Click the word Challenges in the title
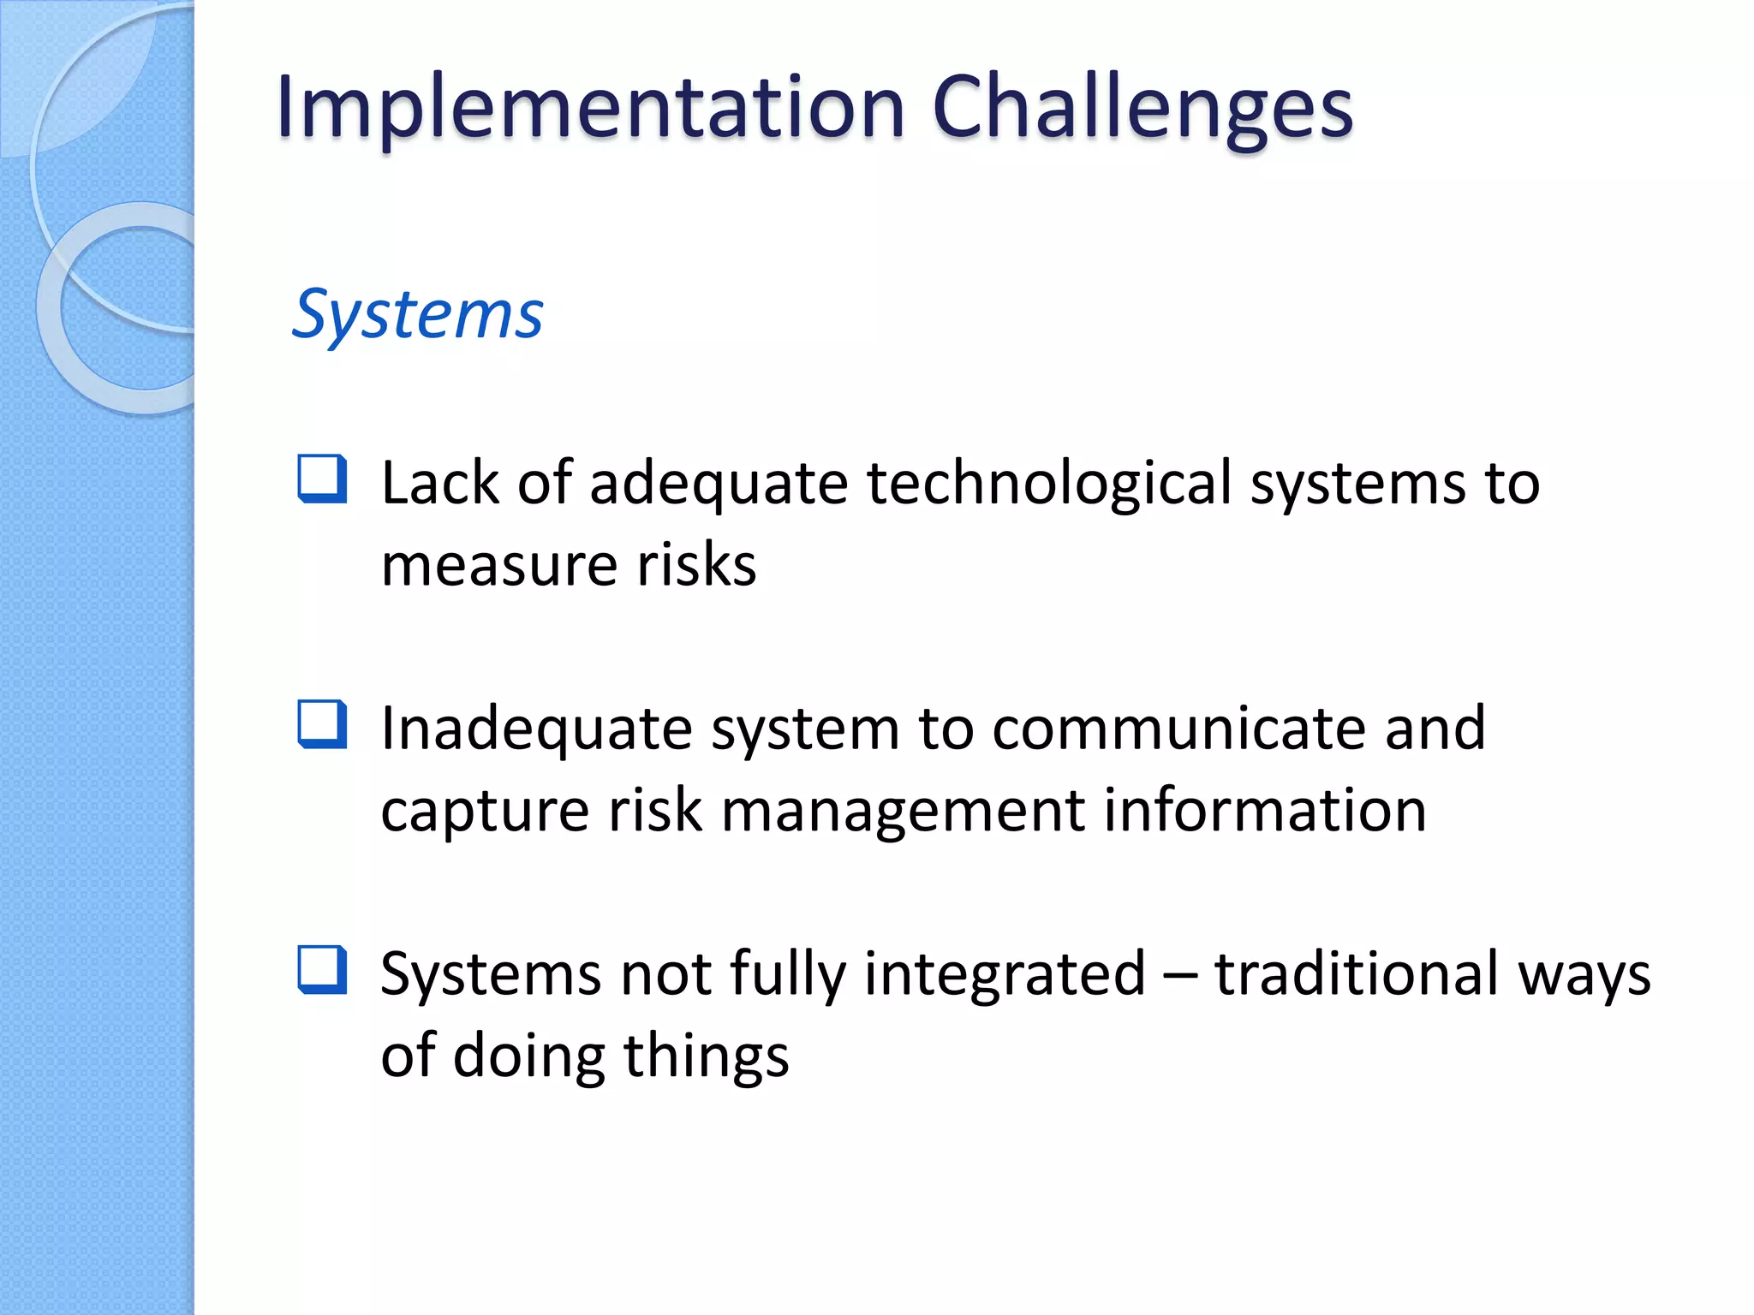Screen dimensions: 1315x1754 (1142, 108)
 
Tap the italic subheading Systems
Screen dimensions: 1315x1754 (417, 315)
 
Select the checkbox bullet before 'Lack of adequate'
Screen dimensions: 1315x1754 (322, 479)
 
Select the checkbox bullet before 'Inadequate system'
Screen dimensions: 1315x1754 (322, 723)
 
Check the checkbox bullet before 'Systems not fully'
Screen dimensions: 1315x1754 (322, 969)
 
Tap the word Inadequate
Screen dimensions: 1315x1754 (536, 729)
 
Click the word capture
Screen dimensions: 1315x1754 (485, 811)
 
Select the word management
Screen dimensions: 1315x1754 (904, 811)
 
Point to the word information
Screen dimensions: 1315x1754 (1264, 811)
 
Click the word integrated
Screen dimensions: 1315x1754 (1005, 974)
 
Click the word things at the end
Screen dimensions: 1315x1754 (706, 1056)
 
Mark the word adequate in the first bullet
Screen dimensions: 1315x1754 (719, 484)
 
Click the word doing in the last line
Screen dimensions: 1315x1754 (528, 1056)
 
